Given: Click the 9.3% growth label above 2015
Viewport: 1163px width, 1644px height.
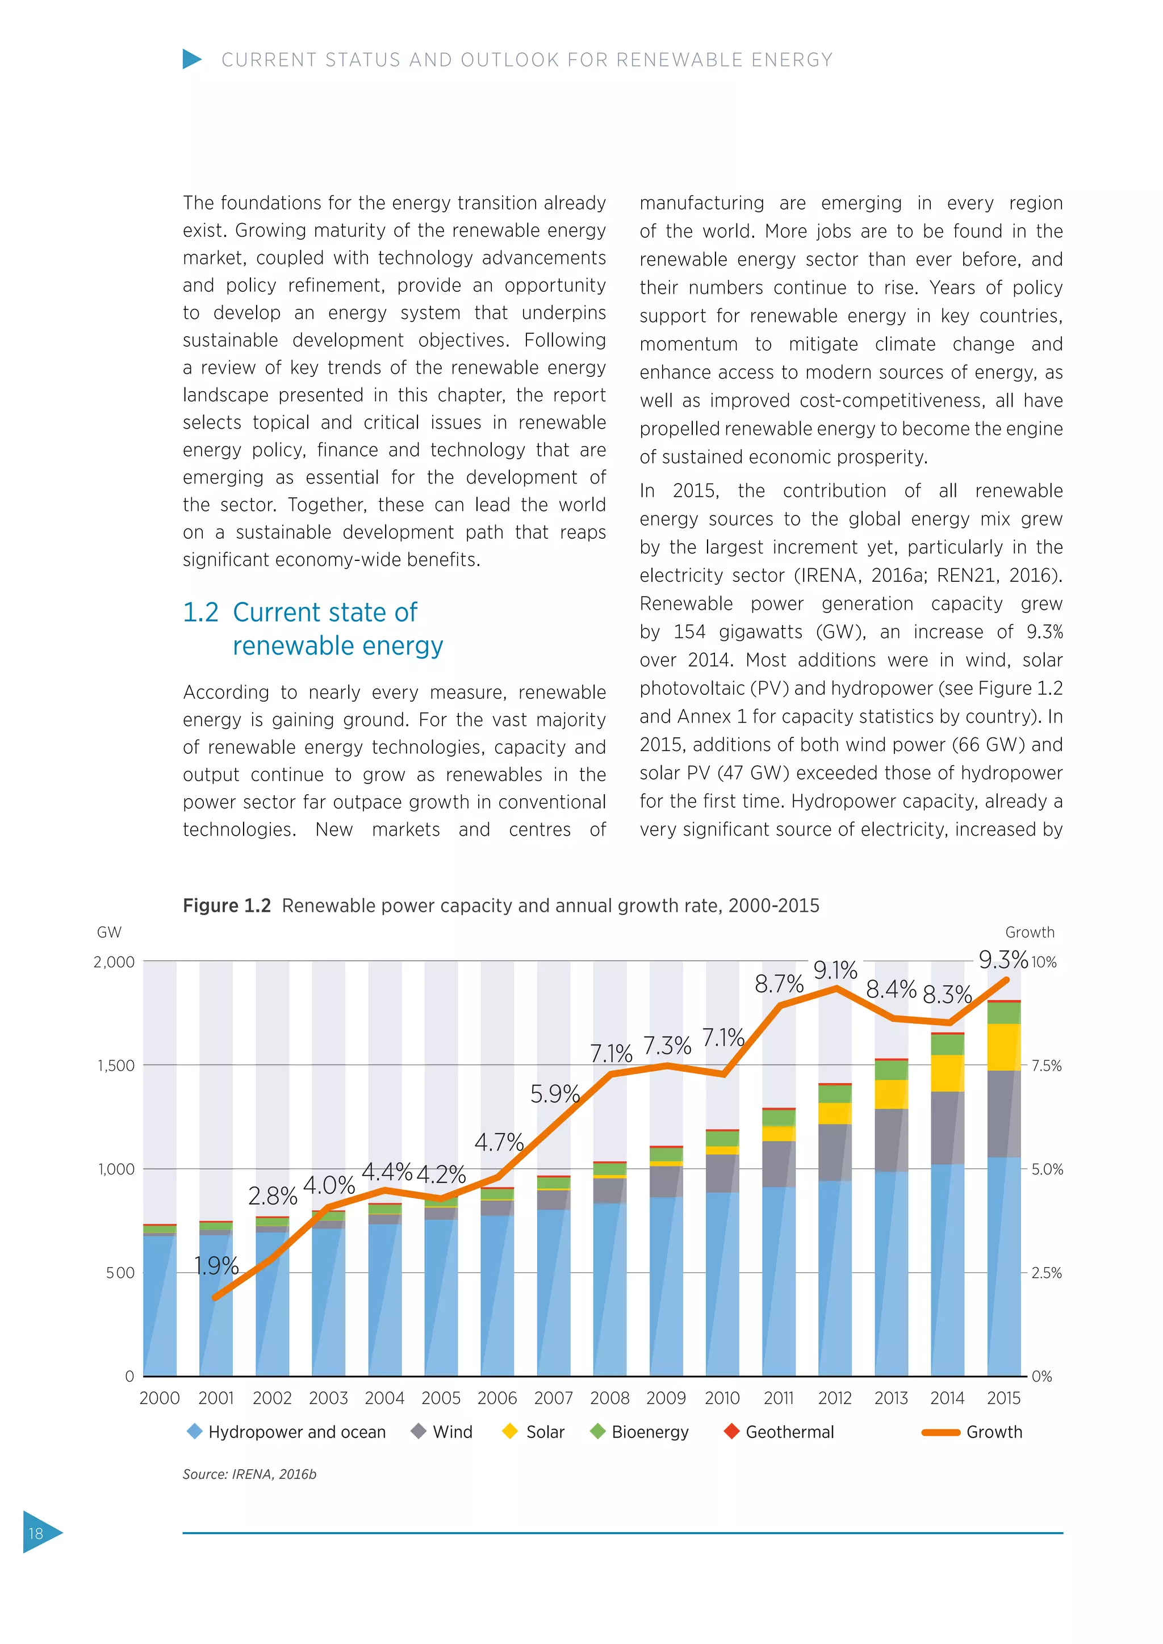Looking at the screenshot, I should pyautogui.click(x=1003, y=959).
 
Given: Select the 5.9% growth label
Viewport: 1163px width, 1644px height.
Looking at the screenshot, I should pyautogui.click(x=554, y=1093).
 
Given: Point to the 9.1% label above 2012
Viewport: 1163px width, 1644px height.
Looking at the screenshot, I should pyautogui.click(x=835, y=970).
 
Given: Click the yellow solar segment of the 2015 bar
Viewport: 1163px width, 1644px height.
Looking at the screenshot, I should pyautogui.click(x=1003, y=1047).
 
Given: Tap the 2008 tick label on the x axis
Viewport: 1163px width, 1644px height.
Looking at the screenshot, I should pyautogui.click(x=609, y=1398).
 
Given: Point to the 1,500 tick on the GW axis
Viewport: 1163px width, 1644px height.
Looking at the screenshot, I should pyautogui.click(x=116, y=1066).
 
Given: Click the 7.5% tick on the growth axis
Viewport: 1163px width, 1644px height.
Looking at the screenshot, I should pyautogui.click(x=1046, y=1066).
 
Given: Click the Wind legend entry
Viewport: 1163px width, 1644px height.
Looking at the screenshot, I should pyautogui.click(x=442, y=1432).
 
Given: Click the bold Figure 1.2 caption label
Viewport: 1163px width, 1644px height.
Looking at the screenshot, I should pyautogui.click(x=227, y=906).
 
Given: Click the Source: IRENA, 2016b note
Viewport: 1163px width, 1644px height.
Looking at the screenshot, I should pyautogui.click(x=249, y=1474).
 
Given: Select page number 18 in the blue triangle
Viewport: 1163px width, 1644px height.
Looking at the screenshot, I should pyautogui.click(x=36, y=1533).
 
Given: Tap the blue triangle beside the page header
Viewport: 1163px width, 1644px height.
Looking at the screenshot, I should pyautogui.click(x=191, y=58).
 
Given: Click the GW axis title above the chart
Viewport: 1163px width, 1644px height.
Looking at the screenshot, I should pyautogui.click(x=109, y=932).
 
